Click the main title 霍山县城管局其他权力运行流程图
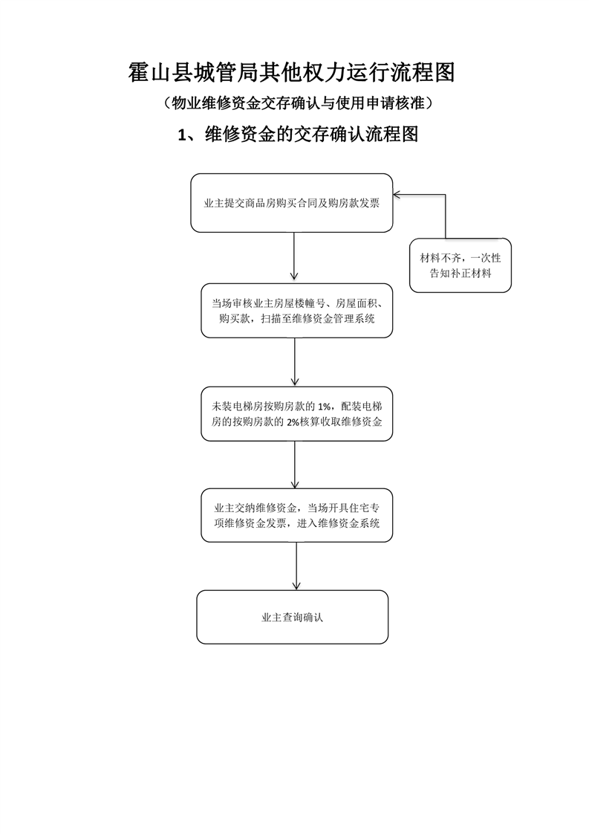tap(291, 72)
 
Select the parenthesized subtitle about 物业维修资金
tap(298, 103)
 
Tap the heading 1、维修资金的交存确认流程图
tap(298, 134)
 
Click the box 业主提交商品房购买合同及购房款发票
tap(292, 203)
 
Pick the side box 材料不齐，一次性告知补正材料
tap(461, 265)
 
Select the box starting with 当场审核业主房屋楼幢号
tap(296, 311)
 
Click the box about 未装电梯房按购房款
tap(296, 414)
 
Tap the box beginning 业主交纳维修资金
tap(296, 515)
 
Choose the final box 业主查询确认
tap(293, 617)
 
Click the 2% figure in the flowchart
tap(293, 422)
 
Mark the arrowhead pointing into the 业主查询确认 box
tap(296, 586)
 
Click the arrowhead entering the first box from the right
tap(397, 195)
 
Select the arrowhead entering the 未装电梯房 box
tap(295, 381)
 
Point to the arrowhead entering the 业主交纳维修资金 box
tap(295, 484)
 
